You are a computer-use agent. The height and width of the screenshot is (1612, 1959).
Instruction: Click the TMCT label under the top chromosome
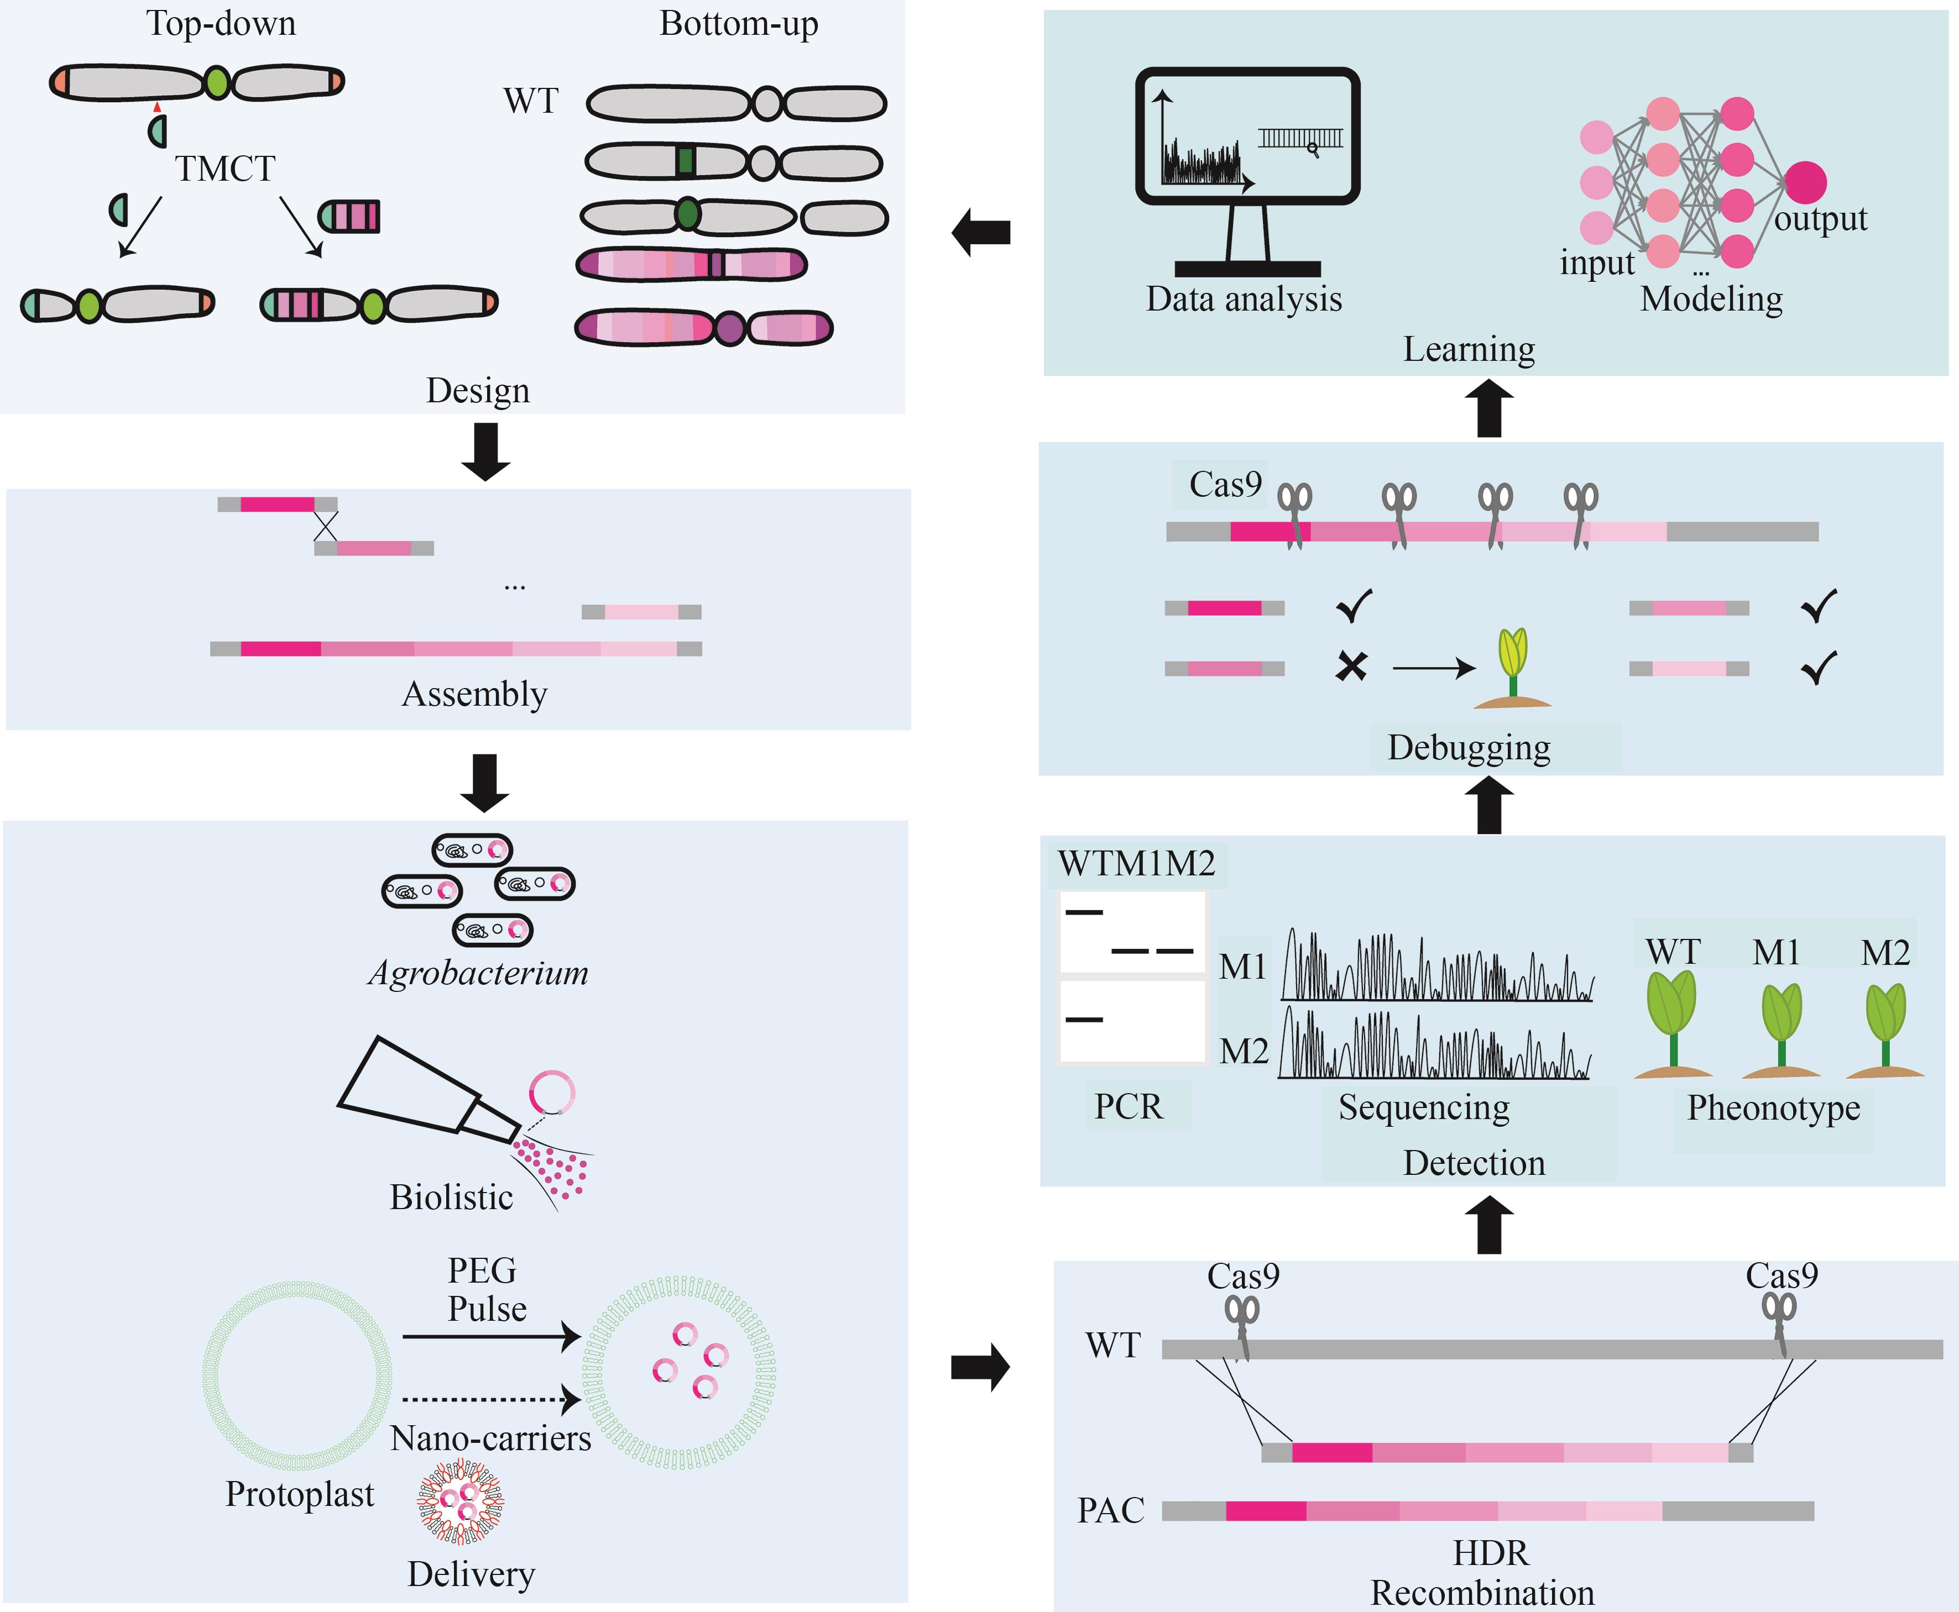pyautogui.click(x=225, y=169)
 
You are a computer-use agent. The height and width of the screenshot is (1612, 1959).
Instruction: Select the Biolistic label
pyautogui.click(x=451, y=1197)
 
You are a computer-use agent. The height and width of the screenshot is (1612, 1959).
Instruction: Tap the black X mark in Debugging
pyautogui.click(x=1351, y=666)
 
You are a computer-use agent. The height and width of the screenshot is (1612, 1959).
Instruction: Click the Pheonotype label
pyautogui.click(x=1773, y=1108)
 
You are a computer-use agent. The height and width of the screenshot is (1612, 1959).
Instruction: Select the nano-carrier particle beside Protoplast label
pyautogui.click(x=460, y=1500)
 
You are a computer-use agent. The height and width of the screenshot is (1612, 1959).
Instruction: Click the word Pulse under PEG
pyautogui.click(x=487, y=1309)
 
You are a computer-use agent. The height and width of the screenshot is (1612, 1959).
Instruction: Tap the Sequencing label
pyautogui.click(x=1423, y=1108)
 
